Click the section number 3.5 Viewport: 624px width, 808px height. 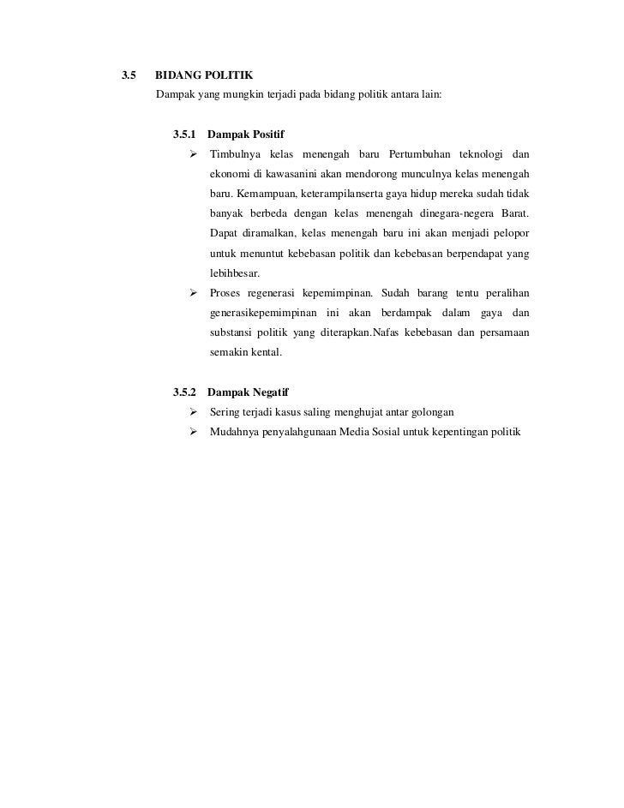coord(129,75)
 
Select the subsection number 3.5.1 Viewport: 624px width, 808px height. coord(184,135)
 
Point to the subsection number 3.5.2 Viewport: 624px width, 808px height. coord(184,392)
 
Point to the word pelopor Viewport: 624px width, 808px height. coord(509,233)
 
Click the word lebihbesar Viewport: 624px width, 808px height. coord(234,273)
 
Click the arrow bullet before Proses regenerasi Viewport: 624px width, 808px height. coord(194,293)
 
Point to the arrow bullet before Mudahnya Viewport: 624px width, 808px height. coord(194,432)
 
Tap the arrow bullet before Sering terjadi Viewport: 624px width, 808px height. coord(194,412)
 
